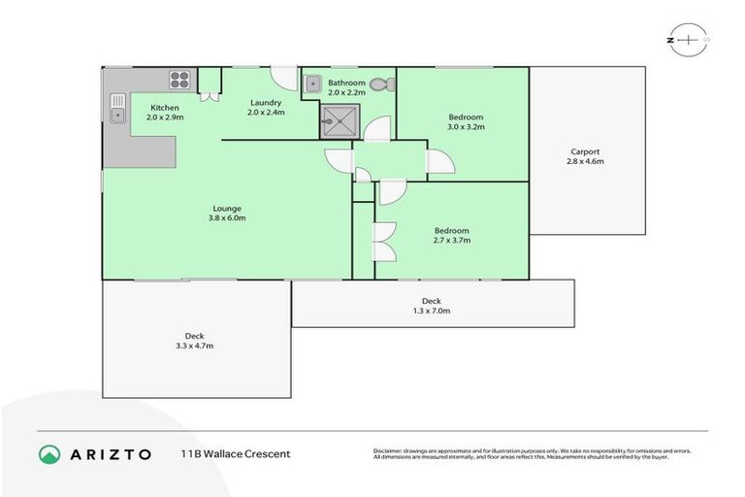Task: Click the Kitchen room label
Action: coord(164,107)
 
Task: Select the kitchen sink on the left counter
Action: coord(117,108)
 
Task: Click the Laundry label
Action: coord(265,103)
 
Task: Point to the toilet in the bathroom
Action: coord(386,83)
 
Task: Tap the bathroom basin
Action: coord(312,84)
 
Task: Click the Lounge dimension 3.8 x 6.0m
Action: coord(228,217)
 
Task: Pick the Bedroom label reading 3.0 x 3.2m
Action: coord(465,126)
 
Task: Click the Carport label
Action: coord(585,151)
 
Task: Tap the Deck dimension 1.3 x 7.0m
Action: coord(432,311)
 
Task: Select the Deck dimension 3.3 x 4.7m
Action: coord(194,346)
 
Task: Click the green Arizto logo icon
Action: coord(49,453)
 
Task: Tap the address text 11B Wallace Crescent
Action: coord(235,453)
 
